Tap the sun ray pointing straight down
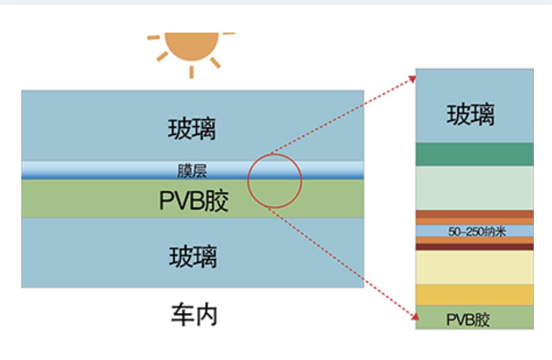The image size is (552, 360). (x=191, y=71)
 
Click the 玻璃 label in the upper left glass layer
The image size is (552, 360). (x=192, y=129)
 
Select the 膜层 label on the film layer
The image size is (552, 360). (x=192, y=171)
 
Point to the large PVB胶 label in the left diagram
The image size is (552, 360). (x=194, y=201)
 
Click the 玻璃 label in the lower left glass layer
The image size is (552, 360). (x=193, y=257)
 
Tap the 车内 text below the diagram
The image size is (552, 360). (x=194, y=315)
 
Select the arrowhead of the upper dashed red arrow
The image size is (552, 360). (x=412, y=79)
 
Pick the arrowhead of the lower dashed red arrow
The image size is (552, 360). (x=415, y=317)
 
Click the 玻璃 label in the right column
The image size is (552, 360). (x=470, y=114)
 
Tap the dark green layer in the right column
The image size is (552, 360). (x=475, y=154)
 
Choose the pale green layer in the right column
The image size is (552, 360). (x=475, y=188)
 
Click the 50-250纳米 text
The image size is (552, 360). (x=477, y=231)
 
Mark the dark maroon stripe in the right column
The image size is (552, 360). (x=475, y=246)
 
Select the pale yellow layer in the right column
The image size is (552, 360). (x=475, y=267)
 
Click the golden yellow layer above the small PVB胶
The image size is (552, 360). (x=475, y=295)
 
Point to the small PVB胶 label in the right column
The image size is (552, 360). (x=468, y=319)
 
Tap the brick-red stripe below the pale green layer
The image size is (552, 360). (x=475, y=214)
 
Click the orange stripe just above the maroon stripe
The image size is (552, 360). (x=475, y=240)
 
